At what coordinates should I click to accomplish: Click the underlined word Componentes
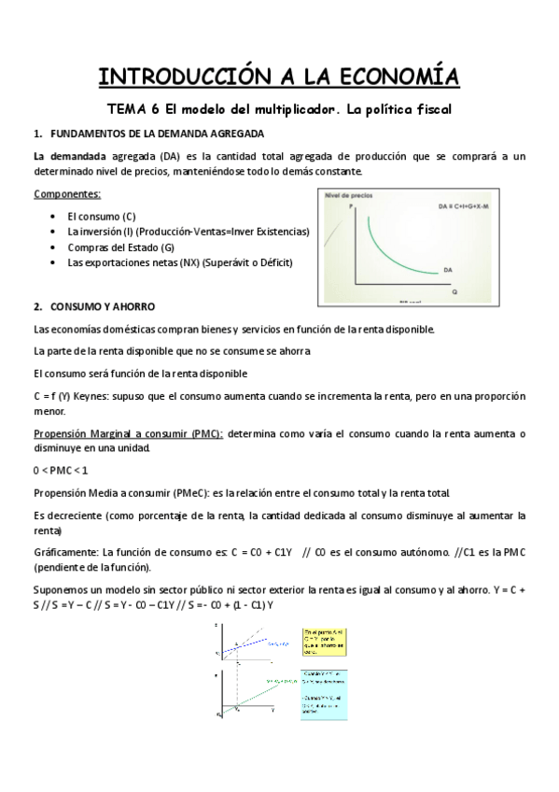point(67,194)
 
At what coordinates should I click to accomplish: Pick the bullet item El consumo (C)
point(102,217)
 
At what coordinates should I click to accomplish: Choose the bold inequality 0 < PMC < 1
point(61,469)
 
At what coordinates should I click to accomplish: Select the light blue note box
point(323,693)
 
